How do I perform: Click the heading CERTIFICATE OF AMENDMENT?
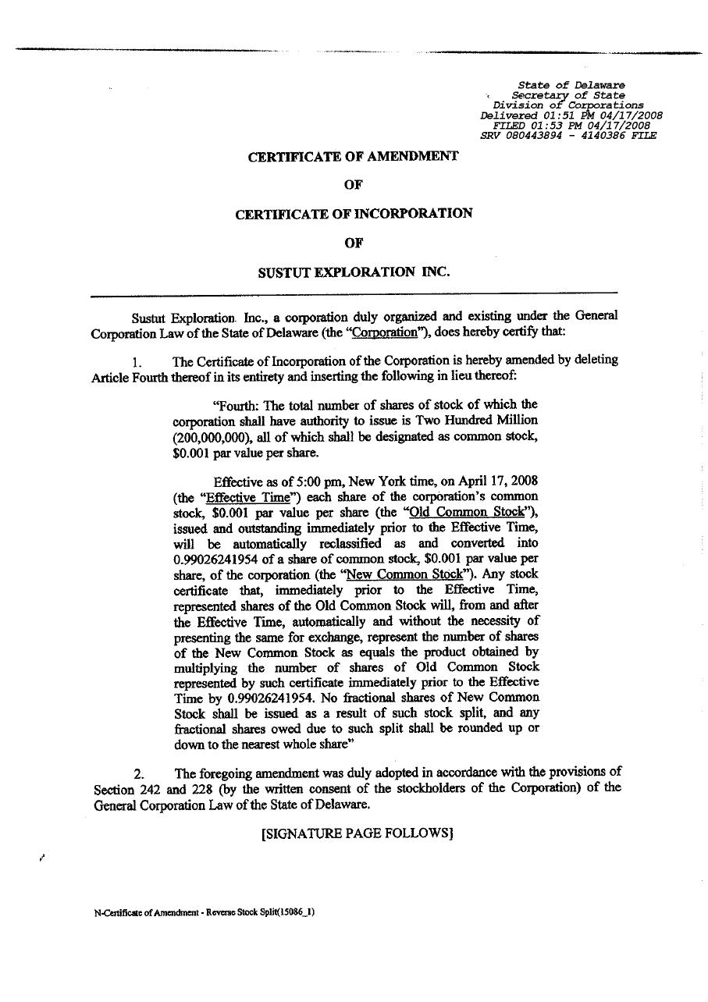tap(353, 156)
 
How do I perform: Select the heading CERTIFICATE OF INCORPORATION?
tap(354, 213)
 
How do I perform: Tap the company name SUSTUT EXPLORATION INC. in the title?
tap(354, 272)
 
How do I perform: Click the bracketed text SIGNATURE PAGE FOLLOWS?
tap(358, 833)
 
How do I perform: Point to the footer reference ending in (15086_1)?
tap(204, 911)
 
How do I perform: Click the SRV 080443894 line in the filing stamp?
tap(568, 135)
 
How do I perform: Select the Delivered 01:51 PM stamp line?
tap(571, 115)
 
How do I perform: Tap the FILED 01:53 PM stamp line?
tap(571, 125)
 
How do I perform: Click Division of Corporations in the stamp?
tap(568, 105)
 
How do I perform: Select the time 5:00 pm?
tap(314, 481)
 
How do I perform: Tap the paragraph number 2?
tap(138, 773)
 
